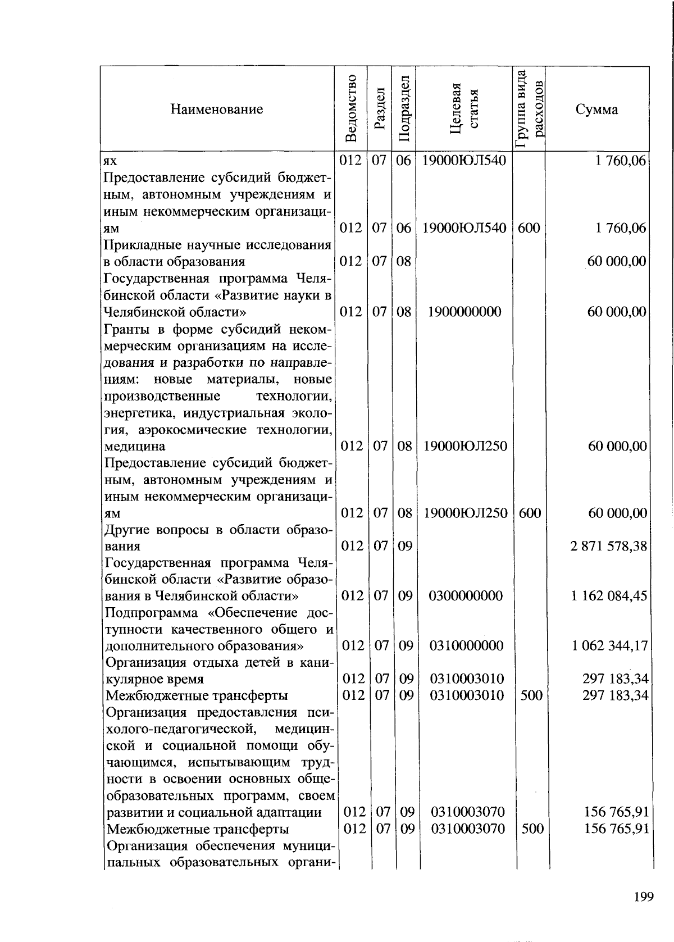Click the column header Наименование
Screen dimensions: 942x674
(217, 109)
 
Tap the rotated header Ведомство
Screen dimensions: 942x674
(351, 108)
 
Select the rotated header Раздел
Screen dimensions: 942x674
(380, 108)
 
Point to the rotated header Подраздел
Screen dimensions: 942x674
(404, 108)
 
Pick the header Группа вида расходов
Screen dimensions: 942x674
(530, 109)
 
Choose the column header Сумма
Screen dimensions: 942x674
(596, 109)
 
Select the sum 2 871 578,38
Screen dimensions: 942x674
(609, 546)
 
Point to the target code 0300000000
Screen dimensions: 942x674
(466, 596)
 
